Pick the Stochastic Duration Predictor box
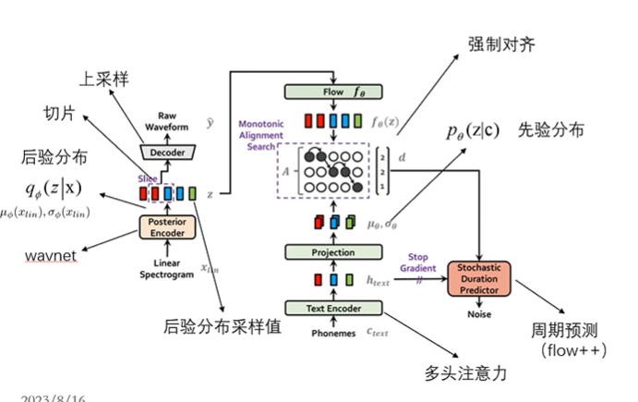click(479, 277)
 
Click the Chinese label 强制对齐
click(500, 44)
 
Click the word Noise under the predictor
click(478, 314)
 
